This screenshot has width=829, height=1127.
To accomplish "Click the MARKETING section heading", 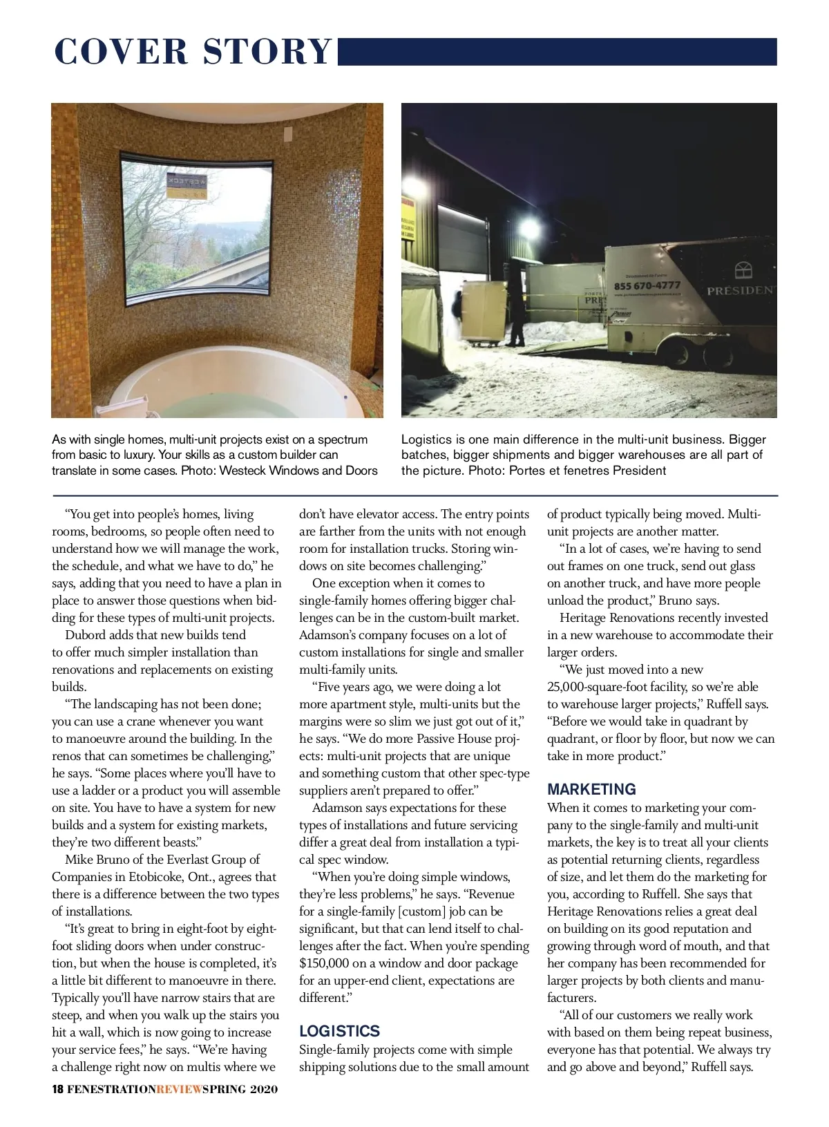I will (591, 789).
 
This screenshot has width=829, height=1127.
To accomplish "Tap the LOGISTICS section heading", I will (339, 1031).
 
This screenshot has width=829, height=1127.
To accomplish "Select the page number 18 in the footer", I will (58, 1090).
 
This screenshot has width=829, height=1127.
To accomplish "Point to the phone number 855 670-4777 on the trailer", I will (647, 285).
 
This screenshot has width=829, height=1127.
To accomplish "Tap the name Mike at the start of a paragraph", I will (79, 860).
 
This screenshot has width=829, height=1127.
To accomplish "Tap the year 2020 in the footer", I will (264, 1090).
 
